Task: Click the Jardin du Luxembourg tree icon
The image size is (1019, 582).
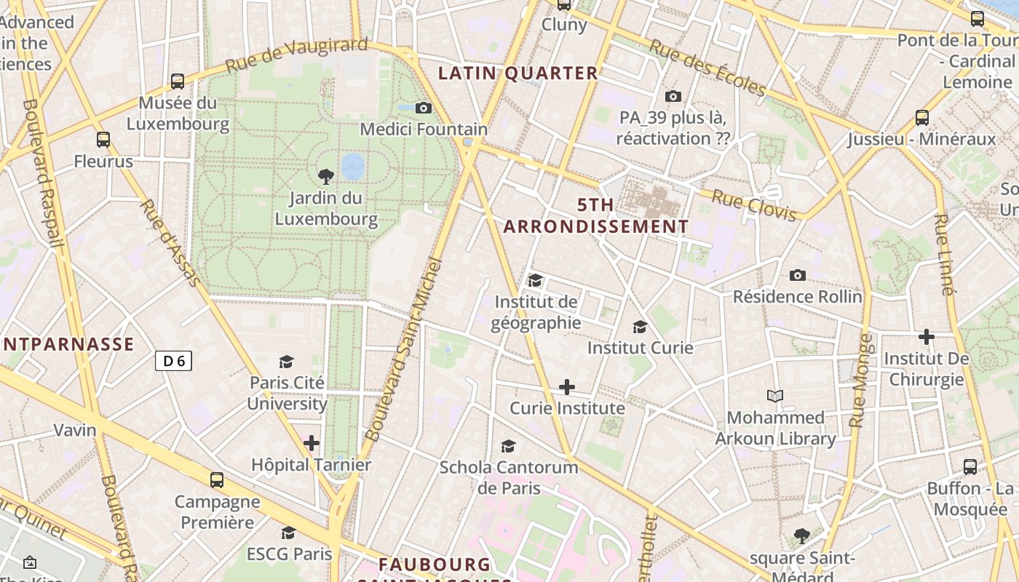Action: click(x=326, y=175)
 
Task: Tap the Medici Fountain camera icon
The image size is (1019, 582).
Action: click(x=423, y=108)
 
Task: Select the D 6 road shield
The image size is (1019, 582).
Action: click(x=173, y=360)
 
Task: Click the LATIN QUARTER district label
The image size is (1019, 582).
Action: click(x=518, y=73)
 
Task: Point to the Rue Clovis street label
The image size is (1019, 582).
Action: click(x=753, y=205)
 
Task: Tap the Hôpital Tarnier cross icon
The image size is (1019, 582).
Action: click(x=312, y=442)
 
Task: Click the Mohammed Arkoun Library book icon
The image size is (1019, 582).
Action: click(x=776, y=396)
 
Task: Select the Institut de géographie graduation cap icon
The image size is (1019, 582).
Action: click(x=536, y=280)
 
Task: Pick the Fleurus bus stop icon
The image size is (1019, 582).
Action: click(x=103, y=139)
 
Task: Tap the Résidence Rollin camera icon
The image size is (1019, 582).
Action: click(x=798, y=275)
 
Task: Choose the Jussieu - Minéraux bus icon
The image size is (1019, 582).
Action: click(x=922, y=117)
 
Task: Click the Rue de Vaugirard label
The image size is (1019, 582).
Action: click(x=296, y=55)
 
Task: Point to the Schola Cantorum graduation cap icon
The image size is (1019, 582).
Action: click(x=508, y=446)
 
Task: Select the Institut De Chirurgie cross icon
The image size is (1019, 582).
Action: click(x=926, y=337)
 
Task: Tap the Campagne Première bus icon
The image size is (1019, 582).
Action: click(x=217, y=479)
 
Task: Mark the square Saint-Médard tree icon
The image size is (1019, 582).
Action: click(x=802, y=536)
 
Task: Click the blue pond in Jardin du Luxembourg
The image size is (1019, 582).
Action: click(x=353, y=166)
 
